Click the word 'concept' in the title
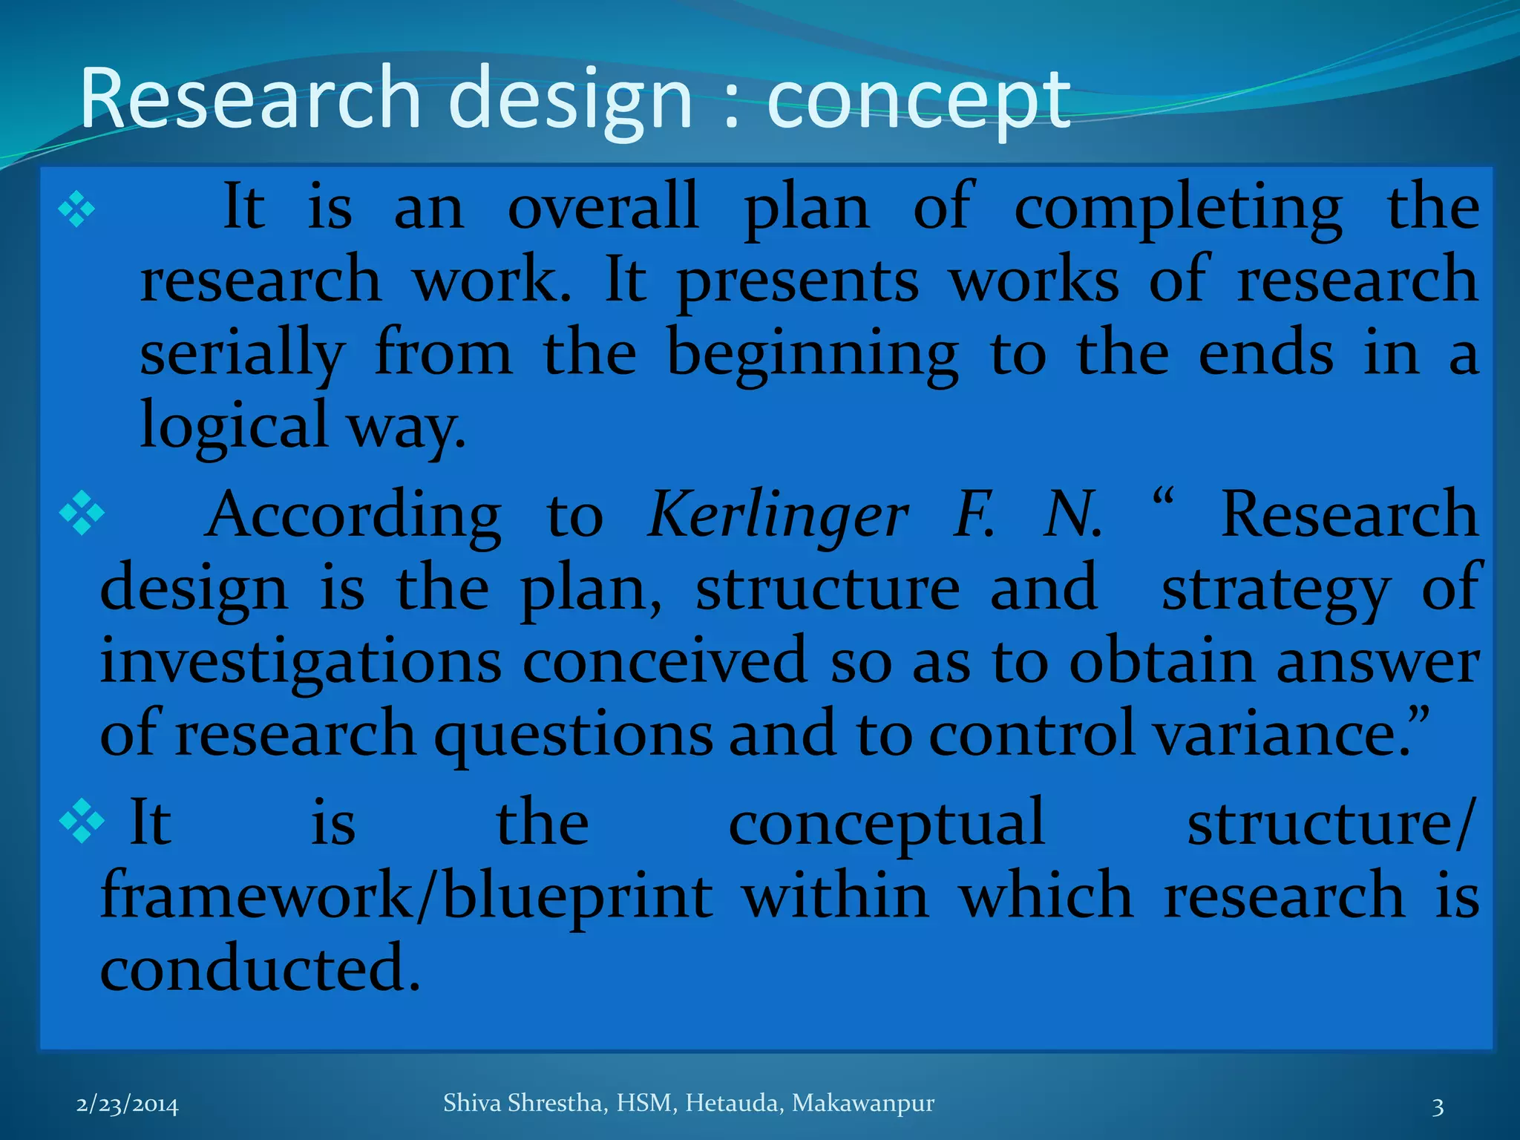click(918, 102)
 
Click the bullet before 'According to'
click(81, 513)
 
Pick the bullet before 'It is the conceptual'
click(81, 822)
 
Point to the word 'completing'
click(1178, 209)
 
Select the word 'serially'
click(242, 355)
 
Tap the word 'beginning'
click(813, 355)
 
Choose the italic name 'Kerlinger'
click(777, 517)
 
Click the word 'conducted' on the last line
click(260, 968)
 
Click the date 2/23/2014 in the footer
click(128, 1105)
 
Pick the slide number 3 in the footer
click(1438, 1107)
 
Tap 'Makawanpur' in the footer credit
click(862, 1104)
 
